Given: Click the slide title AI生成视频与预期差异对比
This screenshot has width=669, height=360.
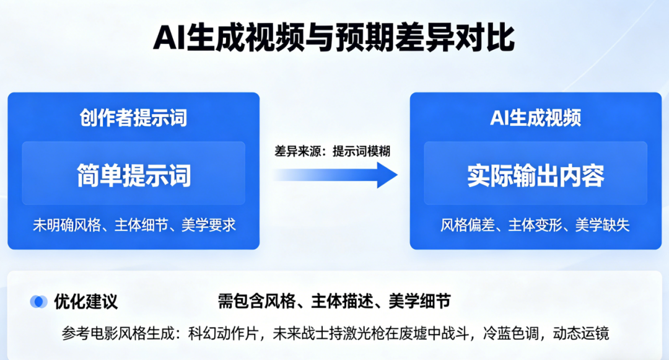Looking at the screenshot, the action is point(334,38).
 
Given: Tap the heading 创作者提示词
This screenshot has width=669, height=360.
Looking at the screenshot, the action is point(133,118).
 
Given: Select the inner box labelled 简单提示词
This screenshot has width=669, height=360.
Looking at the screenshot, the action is point(134,173).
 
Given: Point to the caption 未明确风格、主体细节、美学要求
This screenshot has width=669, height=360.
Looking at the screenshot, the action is point(134,225).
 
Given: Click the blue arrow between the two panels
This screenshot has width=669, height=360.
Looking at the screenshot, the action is point(335,175).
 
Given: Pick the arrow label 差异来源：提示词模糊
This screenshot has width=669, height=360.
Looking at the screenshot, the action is point(332,151).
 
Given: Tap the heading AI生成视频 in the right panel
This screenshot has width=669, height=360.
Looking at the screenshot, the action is point(535,118).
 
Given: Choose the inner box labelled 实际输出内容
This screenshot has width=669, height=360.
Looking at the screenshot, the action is point(535,173).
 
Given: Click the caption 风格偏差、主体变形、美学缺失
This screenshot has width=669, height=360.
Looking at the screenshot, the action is point(535,225).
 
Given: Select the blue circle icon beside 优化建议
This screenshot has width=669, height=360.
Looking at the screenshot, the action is point(38,302).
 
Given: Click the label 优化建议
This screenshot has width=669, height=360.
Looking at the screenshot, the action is point(85,302).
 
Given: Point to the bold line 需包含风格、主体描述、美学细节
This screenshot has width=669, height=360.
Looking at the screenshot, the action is point(334,301).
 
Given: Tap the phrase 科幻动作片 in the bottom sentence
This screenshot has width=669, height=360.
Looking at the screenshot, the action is point(223,333).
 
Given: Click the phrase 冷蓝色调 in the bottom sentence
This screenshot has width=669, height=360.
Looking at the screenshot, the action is point(510,333).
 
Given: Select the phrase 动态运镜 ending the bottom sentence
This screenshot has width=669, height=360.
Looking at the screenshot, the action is point(581,333).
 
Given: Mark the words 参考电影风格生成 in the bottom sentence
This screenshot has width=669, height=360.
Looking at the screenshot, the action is point(118,333).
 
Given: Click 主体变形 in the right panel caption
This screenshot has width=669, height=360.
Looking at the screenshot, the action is point(535,225).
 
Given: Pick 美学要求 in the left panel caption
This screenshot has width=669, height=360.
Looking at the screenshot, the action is point(209,225).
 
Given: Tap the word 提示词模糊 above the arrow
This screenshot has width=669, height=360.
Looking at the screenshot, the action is point(361,151).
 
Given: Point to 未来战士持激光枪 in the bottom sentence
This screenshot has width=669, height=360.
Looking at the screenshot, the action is point(328,333).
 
